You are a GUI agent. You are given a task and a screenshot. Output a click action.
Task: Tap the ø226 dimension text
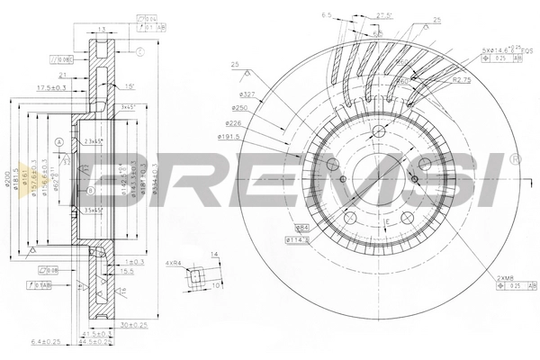(x=229, y=123)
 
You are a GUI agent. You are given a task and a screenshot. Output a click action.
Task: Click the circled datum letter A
(x=58, y=140)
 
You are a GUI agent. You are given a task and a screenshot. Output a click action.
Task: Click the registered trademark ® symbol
(x=515, y=158)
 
